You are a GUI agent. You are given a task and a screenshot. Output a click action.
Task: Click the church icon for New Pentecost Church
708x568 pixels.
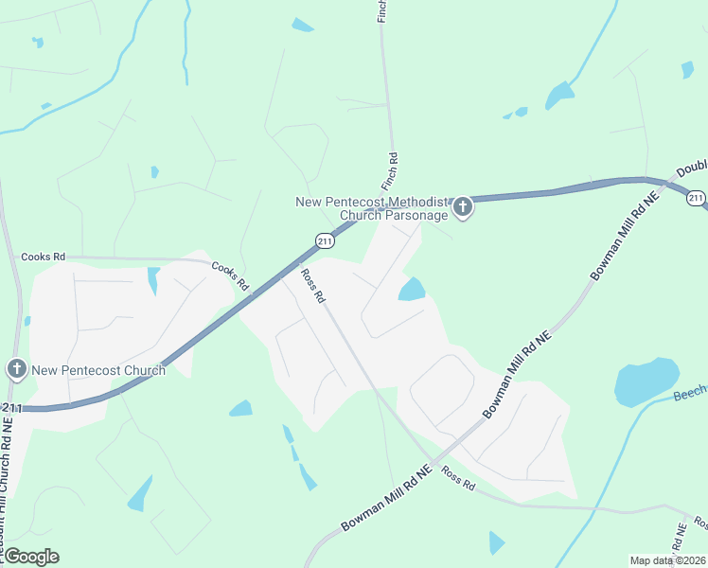click(x=16, y=370)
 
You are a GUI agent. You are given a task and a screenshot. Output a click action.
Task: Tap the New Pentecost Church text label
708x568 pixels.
click(x=98, y=370)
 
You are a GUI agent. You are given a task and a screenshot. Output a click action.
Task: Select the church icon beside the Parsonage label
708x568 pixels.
click(x=462, y=207)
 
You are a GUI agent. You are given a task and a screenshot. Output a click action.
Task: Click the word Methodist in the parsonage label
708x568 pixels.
click(x=412, y=202)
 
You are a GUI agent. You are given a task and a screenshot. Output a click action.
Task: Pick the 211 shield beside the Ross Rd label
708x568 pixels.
click(x=325, y=240)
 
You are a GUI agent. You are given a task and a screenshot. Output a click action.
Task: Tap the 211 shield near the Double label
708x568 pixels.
click(x=696, y=198)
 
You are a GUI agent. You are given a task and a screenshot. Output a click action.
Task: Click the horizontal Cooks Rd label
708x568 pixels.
click(x=44, y=257)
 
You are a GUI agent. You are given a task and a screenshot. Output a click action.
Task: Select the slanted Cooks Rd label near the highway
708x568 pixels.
click(x=230, y=275)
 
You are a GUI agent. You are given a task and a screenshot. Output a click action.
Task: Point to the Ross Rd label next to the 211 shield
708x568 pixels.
click(x=313, y=285)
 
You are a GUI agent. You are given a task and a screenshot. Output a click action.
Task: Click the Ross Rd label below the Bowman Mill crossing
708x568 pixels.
click(x=457, y=481)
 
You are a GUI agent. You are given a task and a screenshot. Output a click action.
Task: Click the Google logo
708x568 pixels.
click(x=30, y=557)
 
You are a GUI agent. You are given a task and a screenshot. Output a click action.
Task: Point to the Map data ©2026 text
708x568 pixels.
click(x=667, y=560)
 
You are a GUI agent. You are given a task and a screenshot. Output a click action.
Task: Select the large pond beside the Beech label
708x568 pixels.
click(x=646, y=382)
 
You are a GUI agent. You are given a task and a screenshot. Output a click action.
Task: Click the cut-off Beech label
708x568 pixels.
click(x=690, y=393)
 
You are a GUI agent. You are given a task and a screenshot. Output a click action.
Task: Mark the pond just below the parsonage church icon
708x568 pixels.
click(x=412, y=289)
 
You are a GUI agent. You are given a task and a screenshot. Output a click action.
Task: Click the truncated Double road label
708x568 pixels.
click(x=692, y=169)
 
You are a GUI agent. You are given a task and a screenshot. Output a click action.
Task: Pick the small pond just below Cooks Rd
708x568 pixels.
click(x=153, y=280)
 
